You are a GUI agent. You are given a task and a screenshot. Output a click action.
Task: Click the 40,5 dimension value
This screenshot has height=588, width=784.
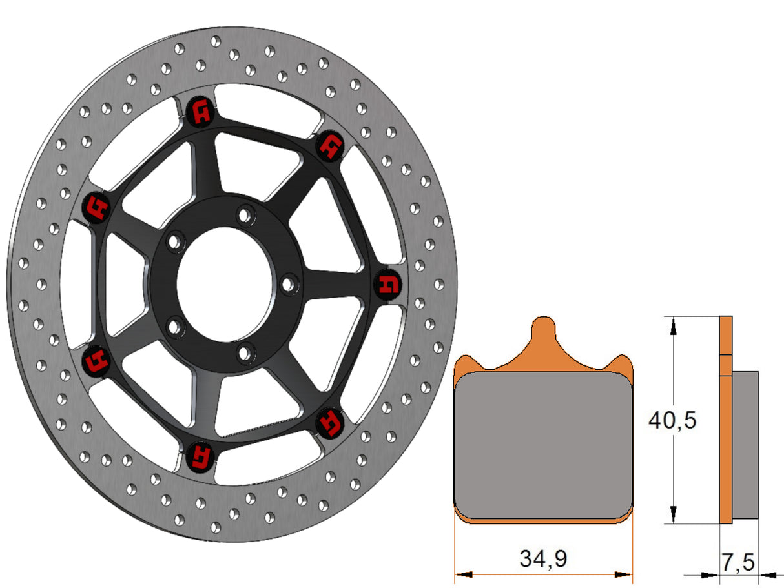(x=672, y=421)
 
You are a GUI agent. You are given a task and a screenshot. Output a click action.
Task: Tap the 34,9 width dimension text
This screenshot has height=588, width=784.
(x=543, y=558)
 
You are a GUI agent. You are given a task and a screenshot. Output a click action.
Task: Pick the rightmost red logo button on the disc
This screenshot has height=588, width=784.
(x=389, y=285)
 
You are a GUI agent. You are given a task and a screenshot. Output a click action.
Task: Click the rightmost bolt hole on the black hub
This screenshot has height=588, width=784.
(x=289, y=283)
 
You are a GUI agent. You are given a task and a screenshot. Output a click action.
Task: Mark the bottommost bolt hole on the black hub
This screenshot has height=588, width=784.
(x=243, y=353)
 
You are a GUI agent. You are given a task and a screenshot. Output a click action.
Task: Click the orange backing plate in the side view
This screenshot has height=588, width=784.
(x=726, y=420)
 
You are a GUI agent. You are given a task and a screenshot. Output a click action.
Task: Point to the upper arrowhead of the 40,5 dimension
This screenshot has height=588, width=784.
(x=674, y=325)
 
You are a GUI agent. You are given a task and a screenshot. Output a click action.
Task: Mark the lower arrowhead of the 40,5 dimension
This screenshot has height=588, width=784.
(x=674, y=514)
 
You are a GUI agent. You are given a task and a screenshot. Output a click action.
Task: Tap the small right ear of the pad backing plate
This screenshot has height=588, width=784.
(x=622, y=362)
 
